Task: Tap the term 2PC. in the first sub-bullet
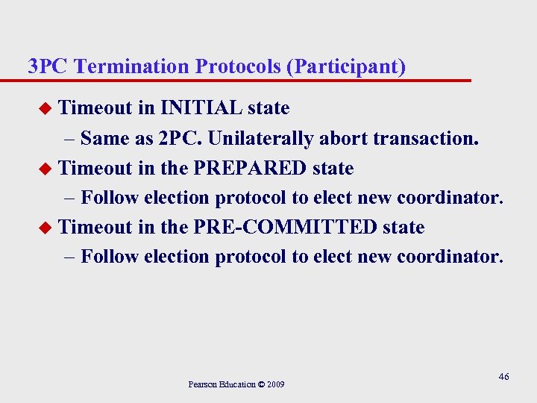click(180, 138)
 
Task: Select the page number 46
click(503, 377)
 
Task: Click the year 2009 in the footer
click(274, 384)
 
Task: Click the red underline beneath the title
click(246, 80)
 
